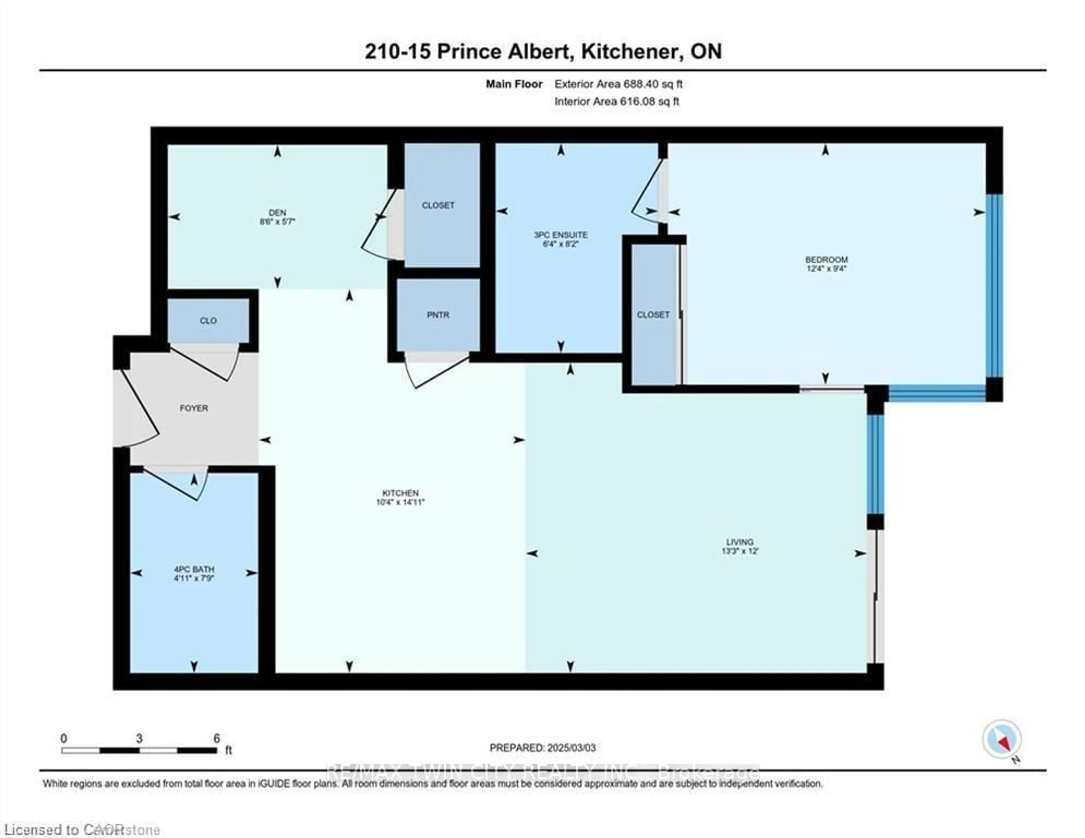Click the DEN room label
(277, 213)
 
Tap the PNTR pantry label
(438, 315)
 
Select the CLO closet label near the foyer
(208, 321)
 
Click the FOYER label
(194, 408)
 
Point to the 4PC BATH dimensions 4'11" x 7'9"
(194, 578)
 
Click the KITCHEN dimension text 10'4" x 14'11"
(400, 502)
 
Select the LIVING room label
(740, 542)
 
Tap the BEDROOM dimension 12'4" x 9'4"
(826, 268)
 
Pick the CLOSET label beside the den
(438, 205)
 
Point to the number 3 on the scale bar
(139, 738)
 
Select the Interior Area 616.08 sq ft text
(617, 101)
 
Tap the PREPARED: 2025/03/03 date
(542, 748)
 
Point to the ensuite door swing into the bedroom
(646, 194)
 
